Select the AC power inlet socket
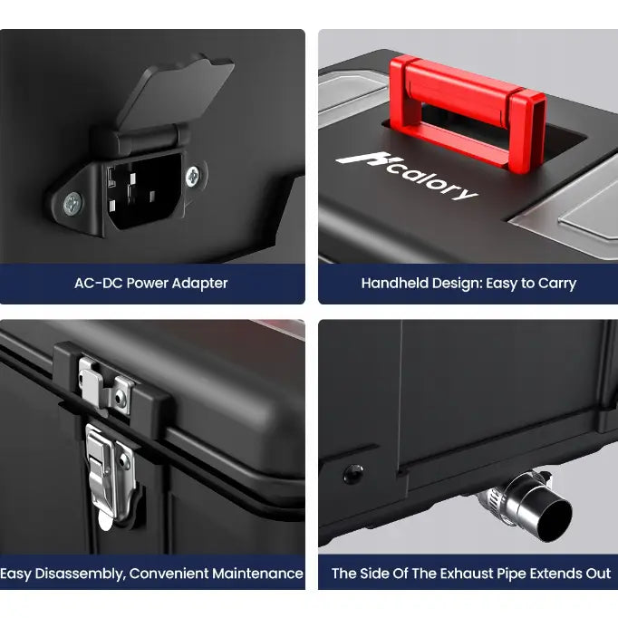click(x=144, y=191)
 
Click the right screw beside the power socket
click(x=193, y=177)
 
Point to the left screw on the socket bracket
click(x=72, y=204)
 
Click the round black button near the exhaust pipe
click(x=353, y=474)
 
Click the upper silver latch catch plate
click(x=106, y=385)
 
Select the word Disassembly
click(x=81, y=574)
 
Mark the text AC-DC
click(x=99, y=284)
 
